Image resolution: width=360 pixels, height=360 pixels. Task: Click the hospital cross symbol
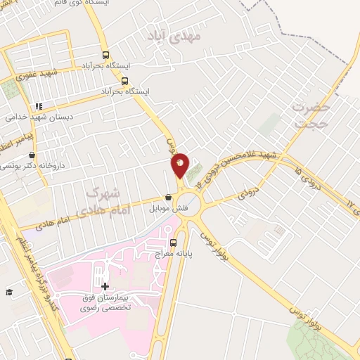[x=105, y=286]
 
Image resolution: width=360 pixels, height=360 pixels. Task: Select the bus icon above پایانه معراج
[x=173, y=243]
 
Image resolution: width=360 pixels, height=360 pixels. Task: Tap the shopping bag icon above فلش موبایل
[x=168, y=197]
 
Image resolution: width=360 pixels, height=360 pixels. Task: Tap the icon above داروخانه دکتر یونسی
[x=31, y=155]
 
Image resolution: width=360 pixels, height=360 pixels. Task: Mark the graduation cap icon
[x=9, y=292]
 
